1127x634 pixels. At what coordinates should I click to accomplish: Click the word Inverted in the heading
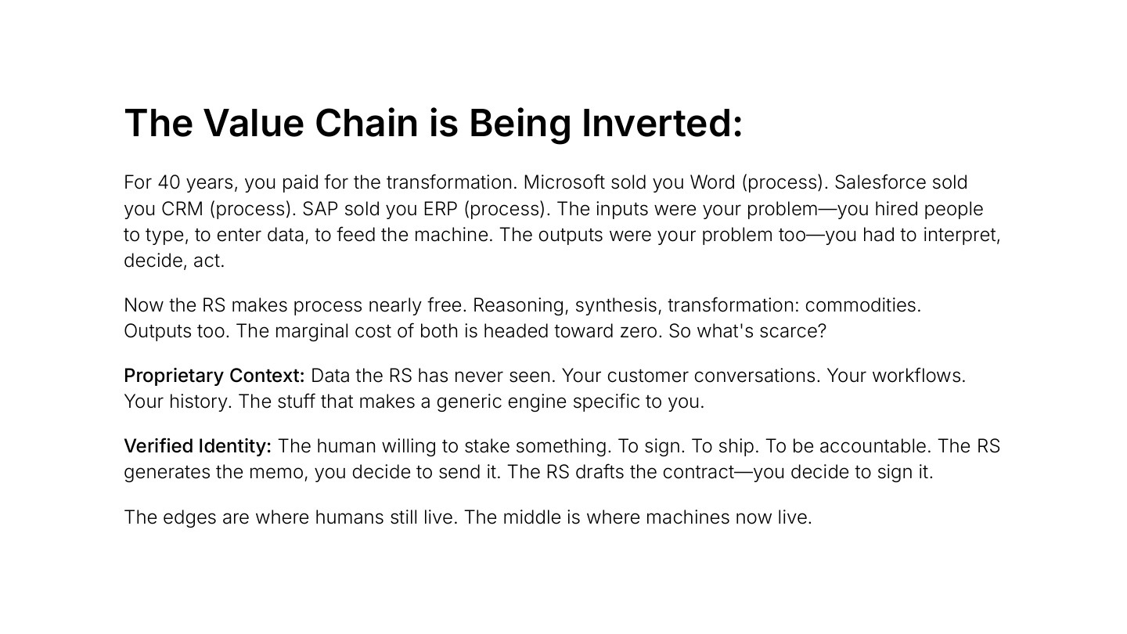[661, 124]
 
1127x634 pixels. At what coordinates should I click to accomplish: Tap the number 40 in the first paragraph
[169, 182]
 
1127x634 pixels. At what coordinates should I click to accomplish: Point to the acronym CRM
[182, 209]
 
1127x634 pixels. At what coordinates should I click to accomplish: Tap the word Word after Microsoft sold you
[712, 182]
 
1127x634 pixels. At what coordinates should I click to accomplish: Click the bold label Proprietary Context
[214, 376]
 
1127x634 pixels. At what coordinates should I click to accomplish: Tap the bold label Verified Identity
[197, 446]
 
